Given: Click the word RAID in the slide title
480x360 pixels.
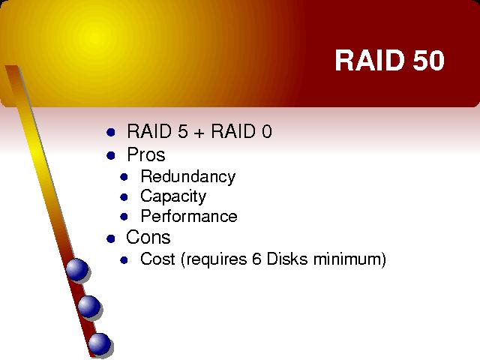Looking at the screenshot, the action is (x=370, y=60).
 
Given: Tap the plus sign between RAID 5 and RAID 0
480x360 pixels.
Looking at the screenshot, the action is (x=199, y=133).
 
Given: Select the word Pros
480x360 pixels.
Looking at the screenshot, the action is (x=146, y=154).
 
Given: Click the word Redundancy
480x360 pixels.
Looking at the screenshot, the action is (x=188, y=177).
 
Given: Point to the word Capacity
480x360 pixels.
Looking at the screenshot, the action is (x=173, y=196).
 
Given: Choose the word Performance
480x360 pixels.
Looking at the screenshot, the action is (x=189, y=216).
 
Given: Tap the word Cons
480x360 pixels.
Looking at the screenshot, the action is (x=148, y=237).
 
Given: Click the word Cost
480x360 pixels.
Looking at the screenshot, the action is (x=157, y=259).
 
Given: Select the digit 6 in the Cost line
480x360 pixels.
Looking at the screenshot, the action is (x=256, y=259).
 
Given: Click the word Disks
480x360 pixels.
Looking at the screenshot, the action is (x=287, y=259).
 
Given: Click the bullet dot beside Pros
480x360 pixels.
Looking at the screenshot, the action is (x=111, y=155).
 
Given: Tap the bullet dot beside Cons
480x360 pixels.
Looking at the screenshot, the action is (x=111, y=238).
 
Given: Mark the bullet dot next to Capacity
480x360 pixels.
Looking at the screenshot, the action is (x=124, y=197).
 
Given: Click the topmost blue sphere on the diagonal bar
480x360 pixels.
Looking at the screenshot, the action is (x=76, y=269).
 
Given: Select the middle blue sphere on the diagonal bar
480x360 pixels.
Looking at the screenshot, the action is (x=88, y=307).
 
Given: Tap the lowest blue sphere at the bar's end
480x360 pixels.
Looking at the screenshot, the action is (x=100, y=343).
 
